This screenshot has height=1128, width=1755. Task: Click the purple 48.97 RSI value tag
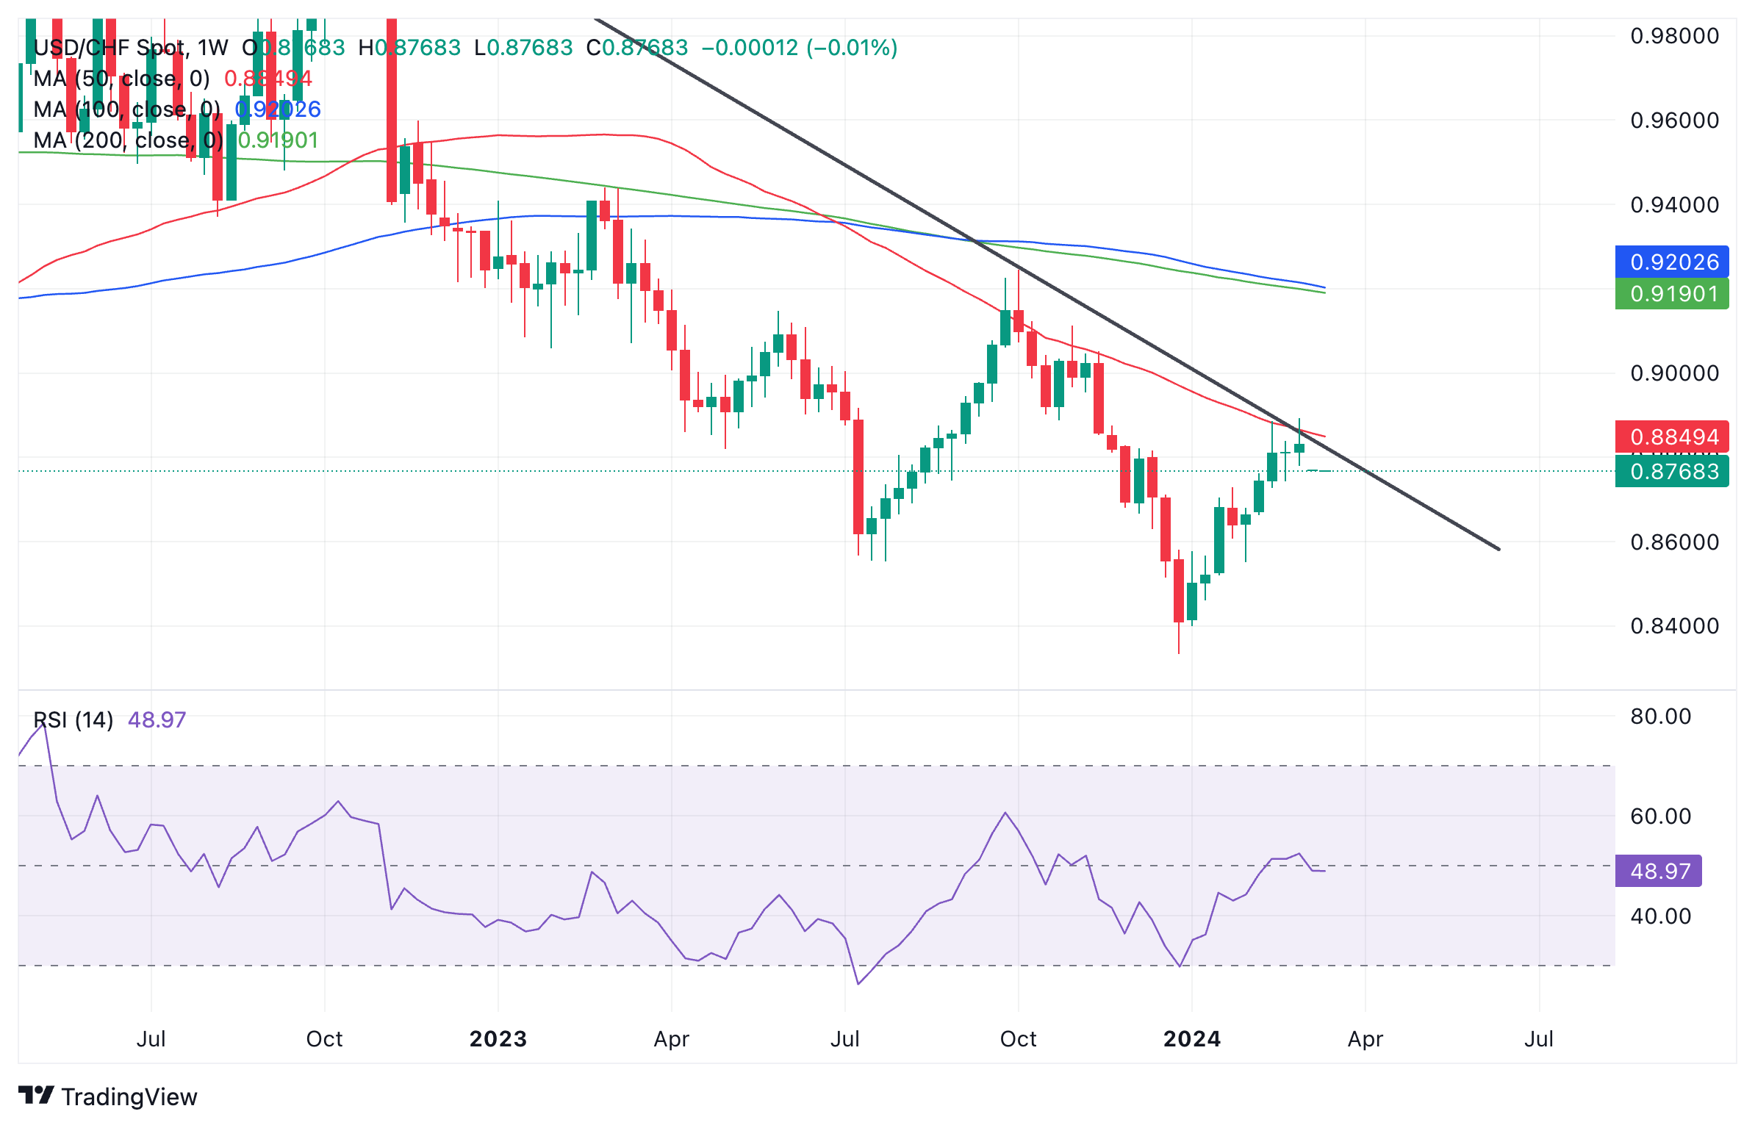[1659, 871]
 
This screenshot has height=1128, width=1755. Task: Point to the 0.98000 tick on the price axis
[1674, 36]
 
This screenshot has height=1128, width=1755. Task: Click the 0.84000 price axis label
[1674, 626]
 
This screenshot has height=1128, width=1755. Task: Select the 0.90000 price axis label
[1674, 373]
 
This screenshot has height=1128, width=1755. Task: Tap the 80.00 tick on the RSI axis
[1660, 716]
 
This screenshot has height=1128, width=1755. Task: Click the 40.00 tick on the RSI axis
[1660, 916]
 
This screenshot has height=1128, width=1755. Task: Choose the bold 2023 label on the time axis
[498, 1039]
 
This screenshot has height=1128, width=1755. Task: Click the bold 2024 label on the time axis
[1192, 1039]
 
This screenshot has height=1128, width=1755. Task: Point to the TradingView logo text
[129, 1096]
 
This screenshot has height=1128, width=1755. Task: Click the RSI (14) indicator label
[73, 719]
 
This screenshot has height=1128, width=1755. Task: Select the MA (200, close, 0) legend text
[129, 140]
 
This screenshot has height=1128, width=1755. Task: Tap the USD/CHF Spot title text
[110, 48]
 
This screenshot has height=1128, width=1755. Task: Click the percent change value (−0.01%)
[853, 48]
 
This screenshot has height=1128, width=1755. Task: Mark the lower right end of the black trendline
[1499, 549]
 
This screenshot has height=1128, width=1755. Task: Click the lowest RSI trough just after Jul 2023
[858, 984]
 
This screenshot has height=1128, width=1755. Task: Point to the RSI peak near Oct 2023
[1005, 813]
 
